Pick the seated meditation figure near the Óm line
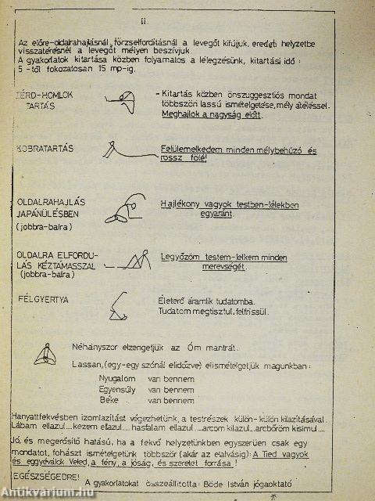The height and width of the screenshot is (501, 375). coord(45,356)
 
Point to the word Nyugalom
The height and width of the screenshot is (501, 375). coord(114,378)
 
